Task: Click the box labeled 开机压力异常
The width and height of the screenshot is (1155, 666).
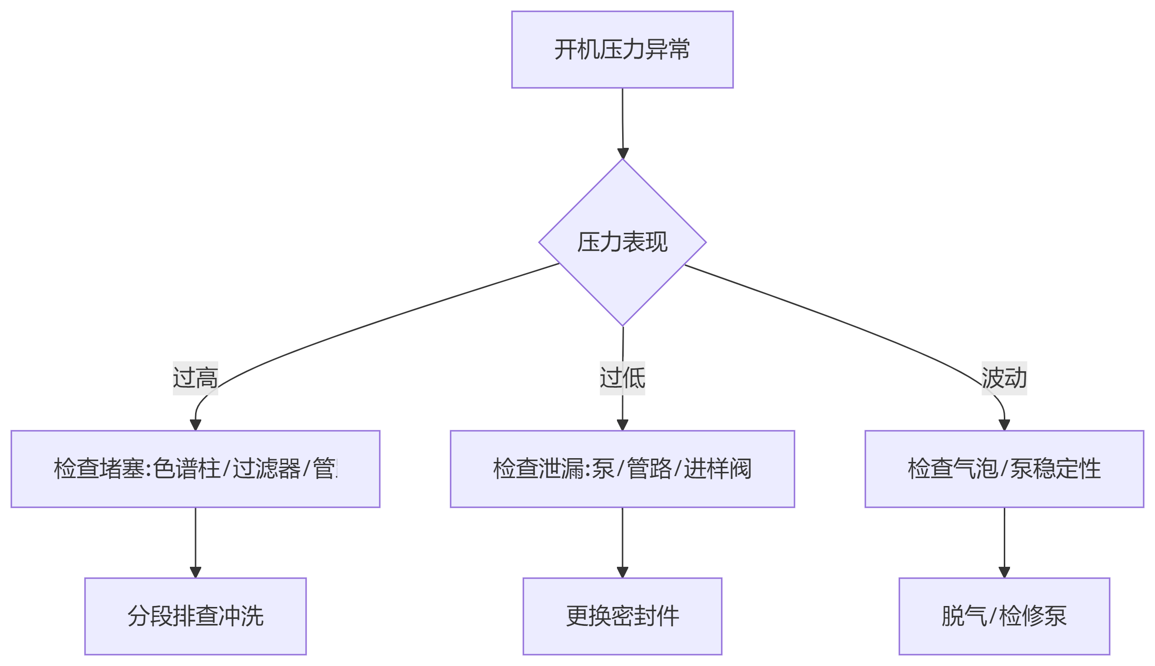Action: [622, 50]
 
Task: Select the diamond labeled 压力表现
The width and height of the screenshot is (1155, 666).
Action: [622, 242]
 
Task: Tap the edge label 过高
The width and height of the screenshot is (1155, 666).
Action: [195, 378]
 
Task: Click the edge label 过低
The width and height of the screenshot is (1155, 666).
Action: [622, 378]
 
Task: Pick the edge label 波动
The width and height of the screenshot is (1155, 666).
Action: [1004, 378]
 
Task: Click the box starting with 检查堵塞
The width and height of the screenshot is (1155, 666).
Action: [195, 469]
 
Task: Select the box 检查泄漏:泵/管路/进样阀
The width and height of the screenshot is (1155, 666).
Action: [622, 469]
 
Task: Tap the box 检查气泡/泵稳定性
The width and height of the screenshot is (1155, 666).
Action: [1004, 469]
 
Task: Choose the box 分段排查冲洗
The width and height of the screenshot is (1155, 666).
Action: [195, 616]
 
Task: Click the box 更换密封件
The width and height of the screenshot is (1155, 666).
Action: [622, 616]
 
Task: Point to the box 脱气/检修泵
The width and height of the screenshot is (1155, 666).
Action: [1004, 616]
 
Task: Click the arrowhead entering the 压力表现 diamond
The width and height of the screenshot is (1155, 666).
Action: [623, 154]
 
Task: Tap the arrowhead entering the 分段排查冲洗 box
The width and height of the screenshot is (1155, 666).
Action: [196, 572]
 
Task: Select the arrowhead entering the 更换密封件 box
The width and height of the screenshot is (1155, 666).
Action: [623, 572]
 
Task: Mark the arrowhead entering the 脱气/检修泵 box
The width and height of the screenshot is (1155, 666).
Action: [1004, 572]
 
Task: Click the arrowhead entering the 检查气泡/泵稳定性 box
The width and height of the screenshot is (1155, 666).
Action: [1004, 425]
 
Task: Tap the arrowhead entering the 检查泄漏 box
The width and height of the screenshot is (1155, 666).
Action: [623, 425]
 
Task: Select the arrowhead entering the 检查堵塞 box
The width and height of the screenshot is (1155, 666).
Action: [196, 425]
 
